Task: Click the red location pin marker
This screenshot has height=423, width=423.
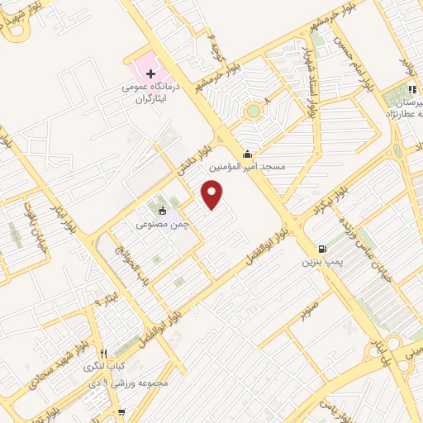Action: (213, 193)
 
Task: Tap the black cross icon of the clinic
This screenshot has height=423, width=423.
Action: (150, 74)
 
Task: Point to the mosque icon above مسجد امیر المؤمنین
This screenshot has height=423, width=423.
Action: (246, 154)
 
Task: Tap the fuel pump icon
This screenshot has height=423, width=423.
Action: (321, 249)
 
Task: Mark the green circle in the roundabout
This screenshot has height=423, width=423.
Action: (253, 111)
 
